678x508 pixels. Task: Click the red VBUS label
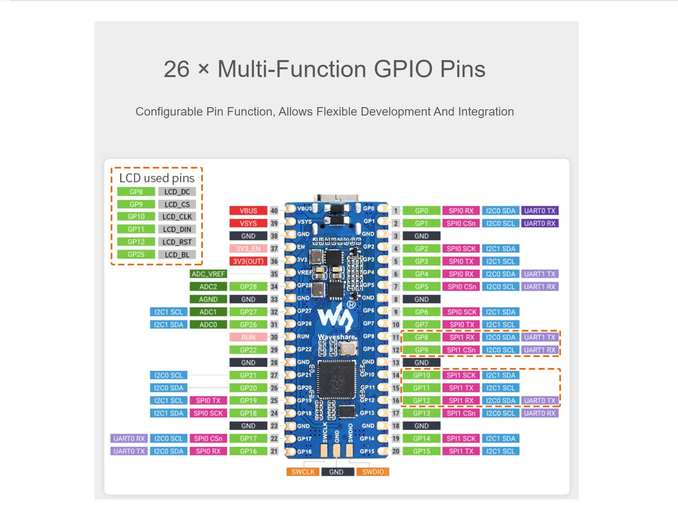(x=248, y=211)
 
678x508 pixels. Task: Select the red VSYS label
(x=248, y=224)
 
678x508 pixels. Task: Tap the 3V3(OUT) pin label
(x=248, y=262)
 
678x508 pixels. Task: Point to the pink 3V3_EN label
(x=248, y=249)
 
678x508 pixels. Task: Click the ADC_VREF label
(x=208, y=274)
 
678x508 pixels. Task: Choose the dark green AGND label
(x=208, y=299)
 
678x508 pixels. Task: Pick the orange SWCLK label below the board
(x=303, y=472)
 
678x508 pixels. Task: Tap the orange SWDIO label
(x=373, y=472)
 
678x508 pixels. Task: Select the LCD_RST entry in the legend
(x=177, y=242)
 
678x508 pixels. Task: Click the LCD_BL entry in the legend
(x=177, y=255)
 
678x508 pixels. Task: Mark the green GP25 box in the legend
(x=136, y=254)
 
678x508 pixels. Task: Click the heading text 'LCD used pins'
(x=157, y=178)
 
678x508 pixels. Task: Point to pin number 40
(x=274, y=211)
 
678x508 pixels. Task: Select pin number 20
(x=396, y=451)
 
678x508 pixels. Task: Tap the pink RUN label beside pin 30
(x=248, y=337)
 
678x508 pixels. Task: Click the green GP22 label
(x=248, y=350)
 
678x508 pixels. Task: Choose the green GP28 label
(x=248, y=287)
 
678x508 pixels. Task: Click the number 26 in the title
(x=177, y=69)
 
